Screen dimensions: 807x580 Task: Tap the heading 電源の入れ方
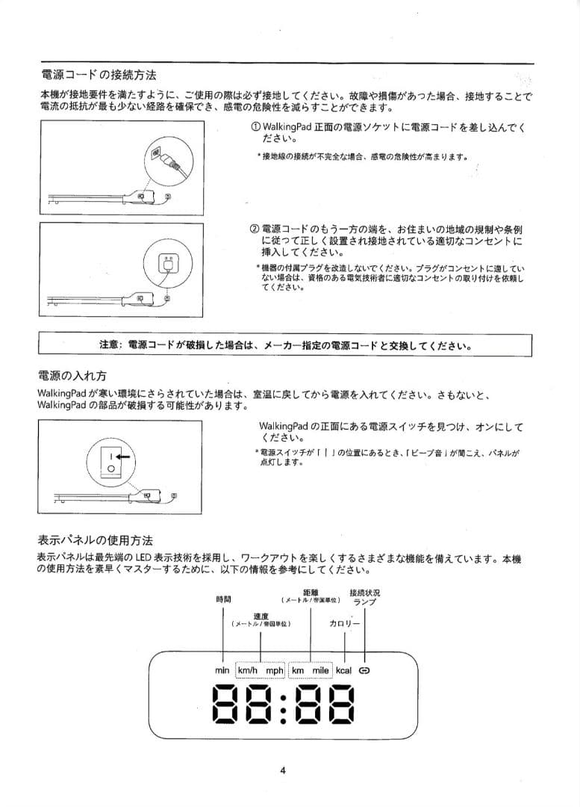tap(77, 374)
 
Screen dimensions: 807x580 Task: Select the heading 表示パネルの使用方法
tap(94, 540)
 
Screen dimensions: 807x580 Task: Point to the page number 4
tap(284, 771)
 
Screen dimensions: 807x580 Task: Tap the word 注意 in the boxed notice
tap(110, 346)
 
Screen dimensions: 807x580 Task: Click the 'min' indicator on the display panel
tap(222, 670)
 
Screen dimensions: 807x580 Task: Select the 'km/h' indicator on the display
tap(247, 670)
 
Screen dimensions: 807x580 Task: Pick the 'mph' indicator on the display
tap(275, 670)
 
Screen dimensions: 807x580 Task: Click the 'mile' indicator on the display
tap(320, 670)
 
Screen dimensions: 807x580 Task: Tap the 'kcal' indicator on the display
tap(343, 670)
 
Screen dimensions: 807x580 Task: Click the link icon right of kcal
tap(364, 670)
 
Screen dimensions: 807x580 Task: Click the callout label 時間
tap(223, 599)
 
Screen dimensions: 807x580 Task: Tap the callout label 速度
tap(261, 615)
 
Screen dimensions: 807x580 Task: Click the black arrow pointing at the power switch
tap(122, 455)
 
